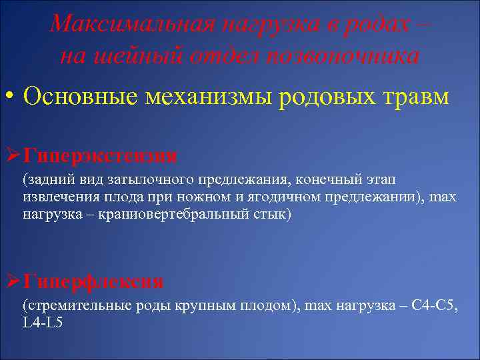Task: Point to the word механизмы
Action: (214, 97)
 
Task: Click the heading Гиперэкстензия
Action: (99, 156)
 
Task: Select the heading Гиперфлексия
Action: (93, 281)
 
